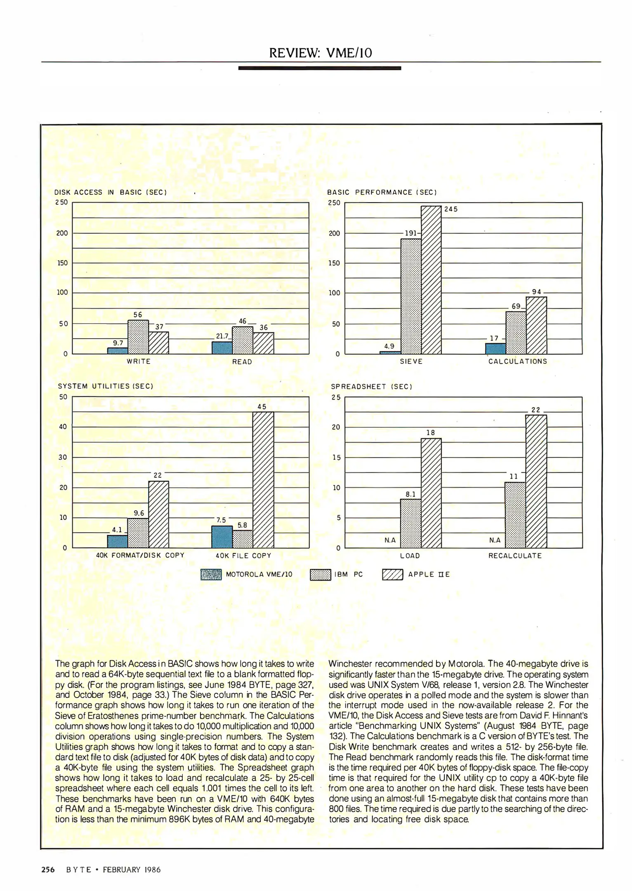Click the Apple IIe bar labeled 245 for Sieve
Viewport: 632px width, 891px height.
coord(431,280)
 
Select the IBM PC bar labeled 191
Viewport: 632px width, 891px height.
coord(411,296)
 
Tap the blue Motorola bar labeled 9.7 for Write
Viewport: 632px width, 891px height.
coord(118,351)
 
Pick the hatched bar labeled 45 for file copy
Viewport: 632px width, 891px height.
coord(263,480)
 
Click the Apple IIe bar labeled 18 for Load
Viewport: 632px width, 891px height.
coord(431,493)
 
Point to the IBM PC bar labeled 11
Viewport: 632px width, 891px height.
coord(515,515)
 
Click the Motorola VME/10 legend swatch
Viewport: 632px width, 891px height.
coord(211,575)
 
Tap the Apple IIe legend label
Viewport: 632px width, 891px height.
coord(429,574)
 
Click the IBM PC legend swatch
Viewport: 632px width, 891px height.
coord(321,575)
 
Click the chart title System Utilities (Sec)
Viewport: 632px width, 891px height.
coord(106,387)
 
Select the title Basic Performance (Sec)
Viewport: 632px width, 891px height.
coord(382,192)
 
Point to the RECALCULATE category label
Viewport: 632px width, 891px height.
coord(515,556)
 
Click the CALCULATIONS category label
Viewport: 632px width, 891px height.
coord(518,361)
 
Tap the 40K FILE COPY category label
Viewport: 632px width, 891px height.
coord(243,556)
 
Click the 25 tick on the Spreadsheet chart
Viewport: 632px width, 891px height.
coord(336,398)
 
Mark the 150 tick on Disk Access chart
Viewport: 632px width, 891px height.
coord(62,263)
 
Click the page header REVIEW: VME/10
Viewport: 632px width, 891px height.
coord(321,53)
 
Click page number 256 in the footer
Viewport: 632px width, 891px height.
coord(48,870)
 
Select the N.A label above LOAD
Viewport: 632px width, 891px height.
coord(390,540)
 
